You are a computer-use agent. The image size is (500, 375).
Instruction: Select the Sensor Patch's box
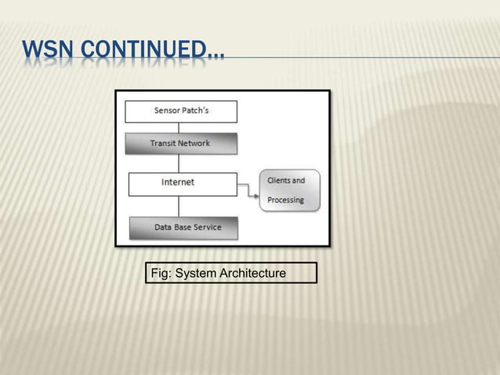coord(181,111)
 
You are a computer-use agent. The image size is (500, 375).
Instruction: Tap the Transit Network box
coord(180,144)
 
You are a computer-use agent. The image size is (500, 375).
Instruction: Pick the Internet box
coord(183,183)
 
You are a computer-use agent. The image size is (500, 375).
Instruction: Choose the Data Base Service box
coord(183,228)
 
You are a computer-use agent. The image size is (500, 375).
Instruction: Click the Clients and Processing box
coord(289,191)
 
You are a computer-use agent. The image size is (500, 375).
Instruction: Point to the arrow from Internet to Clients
coord(248,190)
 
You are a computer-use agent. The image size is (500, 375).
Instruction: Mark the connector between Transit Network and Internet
coord(179,163)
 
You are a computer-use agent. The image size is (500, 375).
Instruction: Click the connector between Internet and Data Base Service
coord(179,206)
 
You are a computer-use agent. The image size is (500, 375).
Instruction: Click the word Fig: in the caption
coord(160,273)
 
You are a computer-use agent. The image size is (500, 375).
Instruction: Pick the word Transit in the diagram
coord(162,144)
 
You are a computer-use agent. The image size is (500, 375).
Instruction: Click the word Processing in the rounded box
coord(285,200)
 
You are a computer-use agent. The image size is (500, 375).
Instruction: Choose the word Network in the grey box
coord(194,144)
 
